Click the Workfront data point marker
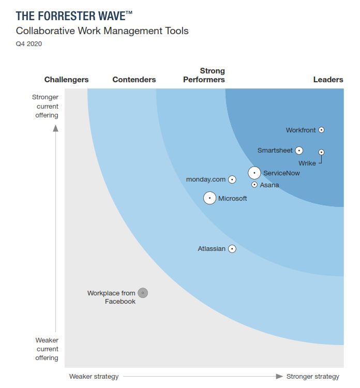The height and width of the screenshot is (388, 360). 321,130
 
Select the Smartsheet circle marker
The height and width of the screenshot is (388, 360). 298,151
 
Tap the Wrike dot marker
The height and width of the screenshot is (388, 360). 321,152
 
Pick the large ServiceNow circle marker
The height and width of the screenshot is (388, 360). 254,173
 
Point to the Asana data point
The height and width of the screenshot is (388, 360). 254,185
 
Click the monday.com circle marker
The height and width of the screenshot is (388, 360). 232,180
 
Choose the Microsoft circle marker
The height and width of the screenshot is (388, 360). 209,198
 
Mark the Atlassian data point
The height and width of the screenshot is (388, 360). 232,249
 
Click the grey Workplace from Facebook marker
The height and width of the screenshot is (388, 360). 143,293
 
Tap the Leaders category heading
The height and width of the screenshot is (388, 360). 328,80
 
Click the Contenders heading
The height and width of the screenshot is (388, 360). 134,80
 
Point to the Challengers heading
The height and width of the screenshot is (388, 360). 66,80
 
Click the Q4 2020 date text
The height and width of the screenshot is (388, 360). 29,44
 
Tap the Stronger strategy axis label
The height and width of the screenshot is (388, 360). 312,376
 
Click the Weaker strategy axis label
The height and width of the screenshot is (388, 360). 94,376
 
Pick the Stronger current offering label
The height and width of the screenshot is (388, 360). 46,106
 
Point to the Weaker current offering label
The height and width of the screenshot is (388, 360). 47,349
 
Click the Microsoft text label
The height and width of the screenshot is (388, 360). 232,198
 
